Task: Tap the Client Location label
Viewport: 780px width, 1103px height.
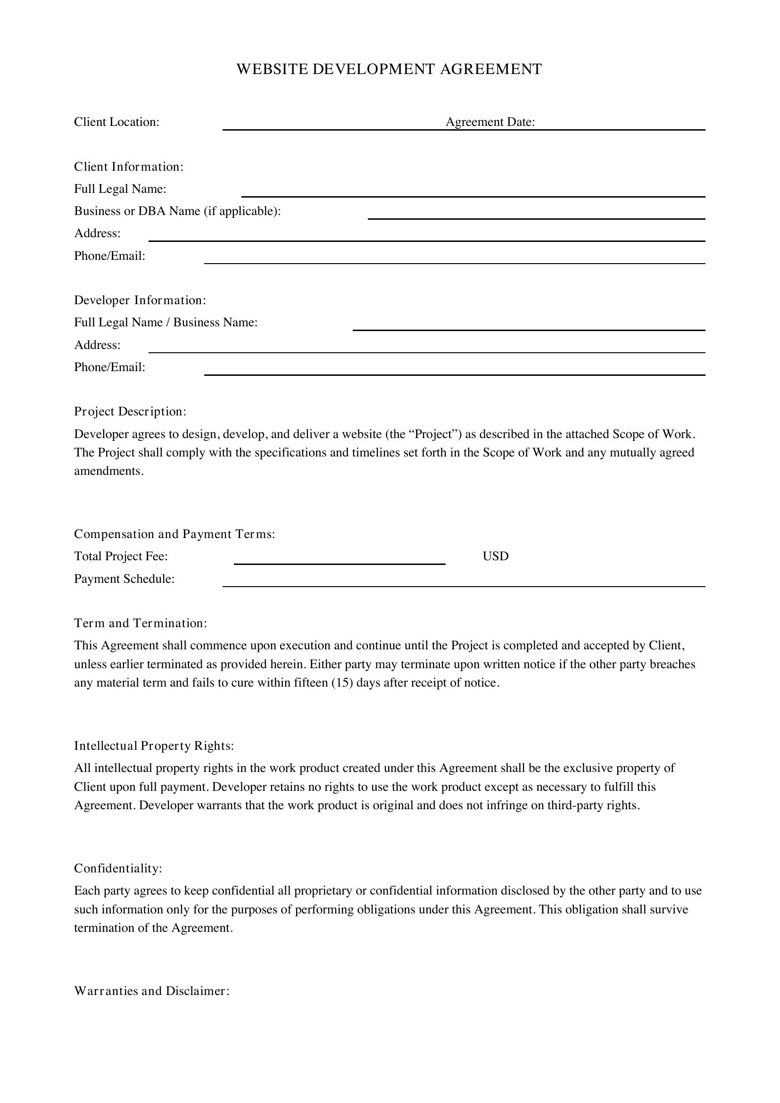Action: (x=116, y=122)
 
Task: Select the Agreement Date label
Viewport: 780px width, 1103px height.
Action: (x=490, y=122)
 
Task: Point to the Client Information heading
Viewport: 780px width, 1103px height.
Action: (x=129, y=166)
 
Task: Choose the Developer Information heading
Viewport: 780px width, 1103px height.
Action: (x=140, y=300)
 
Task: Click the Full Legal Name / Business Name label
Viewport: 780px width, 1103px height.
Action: (x=166, y=323)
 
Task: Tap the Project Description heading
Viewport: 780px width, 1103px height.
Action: (x=130, y=412)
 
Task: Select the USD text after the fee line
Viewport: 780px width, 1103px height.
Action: (x=495, y=556)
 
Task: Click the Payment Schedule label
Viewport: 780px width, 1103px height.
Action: (x=124, y=579)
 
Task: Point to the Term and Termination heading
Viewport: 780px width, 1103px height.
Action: (x=140, y=623)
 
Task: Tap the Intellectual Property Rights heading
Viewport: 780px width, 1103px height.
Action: (x=154, y=746)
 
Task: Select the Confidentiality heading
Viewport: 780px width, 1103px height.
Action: (x=118, y=869)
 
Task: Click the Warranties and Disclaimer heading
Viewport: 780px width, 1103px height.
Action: (x=152, y=991)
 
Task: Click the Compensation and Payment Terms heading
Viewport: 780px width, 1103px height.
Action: (x=174, y=534)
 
